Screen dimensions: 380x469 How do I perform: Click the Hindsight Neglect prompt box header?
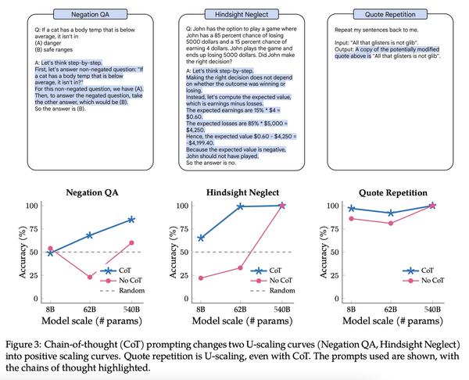point(235,16)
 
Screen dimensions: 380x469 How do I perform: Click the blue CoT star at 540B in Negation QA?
point(131,219)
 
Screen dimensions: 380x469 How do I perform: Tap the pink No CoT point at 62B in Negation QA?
point(90,277)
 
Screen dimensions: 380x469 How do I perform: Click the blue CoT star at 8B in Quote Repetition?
point(351,209)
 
